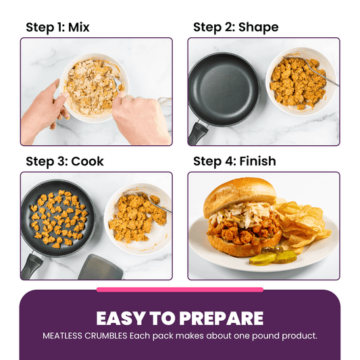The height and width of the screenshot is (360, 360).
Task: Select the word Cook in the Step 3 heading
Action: click(x=87, y=162)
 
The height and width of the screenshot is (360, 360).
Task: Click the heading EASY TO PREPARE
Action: click(x=180, y=319)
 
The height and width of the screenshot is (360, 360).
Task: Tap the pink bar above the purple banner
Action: click(x=180, y=290)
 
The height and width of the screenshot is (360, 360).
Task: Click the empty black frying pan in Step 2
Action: click(x=223, y=88)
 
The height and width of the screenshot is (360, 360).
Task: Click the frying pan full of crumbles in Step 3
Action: click(x=57, y=216)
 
